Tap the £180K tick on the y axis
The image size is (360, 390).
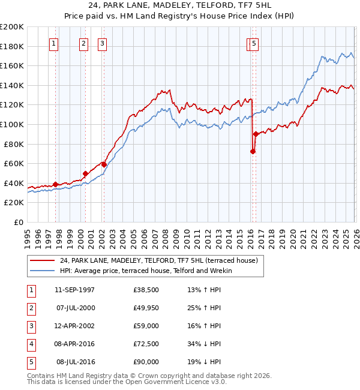pyautogui.click(x=13, y=46)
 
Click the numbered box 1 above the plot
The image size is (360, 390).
pyautogui.click(x=54, y=43)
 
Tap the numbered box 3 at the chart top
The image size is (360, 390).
pyautogui.click(x=103, y=43)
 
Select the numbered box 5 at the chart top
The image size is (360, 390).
pyautogui.click(x=254, y=43)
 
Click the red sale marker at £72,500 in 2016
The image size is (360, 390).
pyautogui.click(x=253, y=151)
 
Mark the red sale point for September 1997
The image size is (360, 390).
pyautogui.click(x=56, y=184)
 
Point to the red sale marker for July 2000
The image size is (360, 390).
pyautogui.click(x=85, y=173)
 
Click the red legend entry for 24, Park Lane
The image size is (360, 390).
pyautogui.click(x=158, y=260)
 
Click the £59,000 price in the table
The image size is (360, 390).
pyautogui.click(x=146, y=326)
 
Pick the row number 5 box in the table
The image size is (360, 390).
pyautogui.click(x=31, y=362)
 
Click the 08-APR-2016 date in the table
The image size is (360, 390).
pyautogui.click(x=74, y=344)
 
